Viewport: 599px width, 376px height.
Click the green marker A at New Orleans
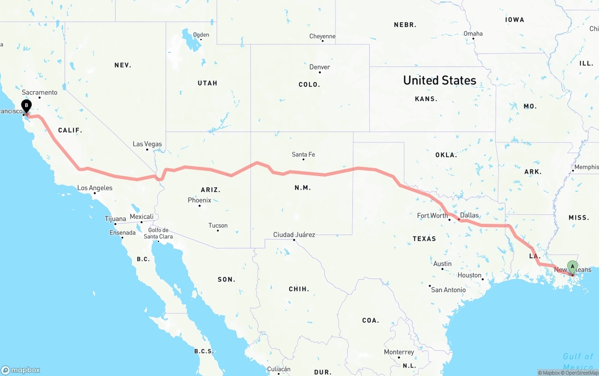click(572, 267)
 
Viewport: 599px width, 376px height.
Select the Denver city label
click(320, 67)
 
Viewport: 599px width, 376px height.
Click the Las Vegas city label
click(147, 144)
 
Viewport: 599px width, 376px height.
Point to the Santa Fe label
click(303, 155)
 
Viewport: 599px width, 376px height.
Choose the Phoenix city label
click(199, 200)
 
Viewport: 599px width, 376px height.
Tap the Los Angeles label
click(95, 188)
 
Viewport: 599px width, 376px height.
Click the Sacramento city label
click(39, 92)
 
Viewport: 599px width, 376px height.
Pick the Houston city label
click(470, 275)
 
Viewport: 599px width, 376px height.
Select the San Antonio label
click(448, 290)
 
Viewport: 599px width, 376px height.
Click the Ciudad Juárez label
click(294, 235)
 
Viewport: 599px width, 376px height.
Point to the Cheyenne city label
click(322, 36)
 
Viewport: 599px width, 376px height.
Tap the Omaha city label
click(473, 33)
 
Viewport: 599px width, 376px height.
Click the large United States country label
click(439, 81)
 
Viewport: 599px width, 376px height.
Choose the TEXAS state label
click(424, 239)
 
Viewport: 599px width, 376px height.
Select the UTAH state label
click(207, 83)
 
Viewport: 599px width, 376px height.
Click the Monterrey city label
click(399, 352)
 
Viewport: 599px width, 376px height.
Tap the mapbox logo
click(21, 370)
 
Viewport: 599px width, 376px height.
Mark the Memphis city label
click(586, 167)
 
